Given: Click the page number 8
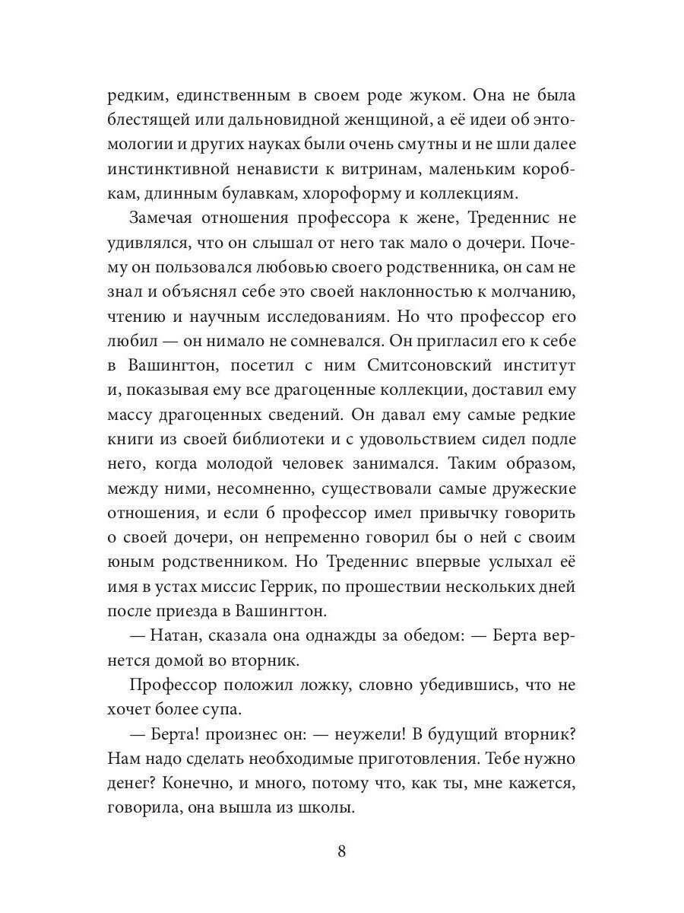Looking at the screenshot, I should tap(341, 851).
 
